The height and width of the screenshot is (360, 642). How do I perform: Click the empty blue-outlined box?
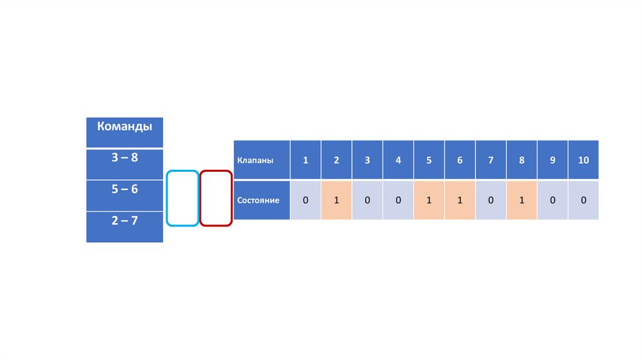[182, 198]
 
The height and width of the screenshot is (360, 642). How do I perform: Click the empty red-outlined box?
[216, 198]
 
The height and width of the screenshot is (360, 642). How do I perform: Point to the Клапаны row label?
[261, 160]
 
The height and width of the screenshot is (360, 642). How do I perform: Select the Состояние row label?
[261, 201]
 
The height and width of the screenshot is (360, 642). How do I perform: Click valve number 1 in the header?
[305, 160]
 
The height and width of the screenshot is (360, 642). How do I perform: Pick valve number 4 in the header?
[398, 160]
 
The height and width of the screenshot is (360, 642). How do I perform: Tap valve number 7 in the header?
[491, 160]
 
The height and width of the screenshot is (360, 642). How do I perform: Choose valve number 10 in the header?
[584, 160]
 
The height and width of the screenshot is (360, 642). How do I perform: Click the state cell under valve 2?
[337, 201]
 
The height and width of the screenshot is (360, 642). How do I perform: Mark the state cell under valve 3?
[367, 201]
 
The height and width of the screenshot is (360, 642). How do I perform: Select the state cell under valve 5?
[429, 201]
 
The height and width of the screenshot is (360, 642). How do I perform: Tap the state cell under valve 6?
[460, 201]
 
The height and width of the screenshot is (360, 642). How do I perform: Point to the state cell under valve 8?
[522, 201]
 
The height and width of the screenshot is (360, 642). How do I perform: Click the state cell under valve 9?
[552, 201]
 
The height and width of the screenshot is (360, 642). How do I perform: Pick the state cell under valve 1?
[305, 201]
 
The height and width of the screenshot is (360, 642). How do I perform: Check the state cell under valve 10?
[584, 201]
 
